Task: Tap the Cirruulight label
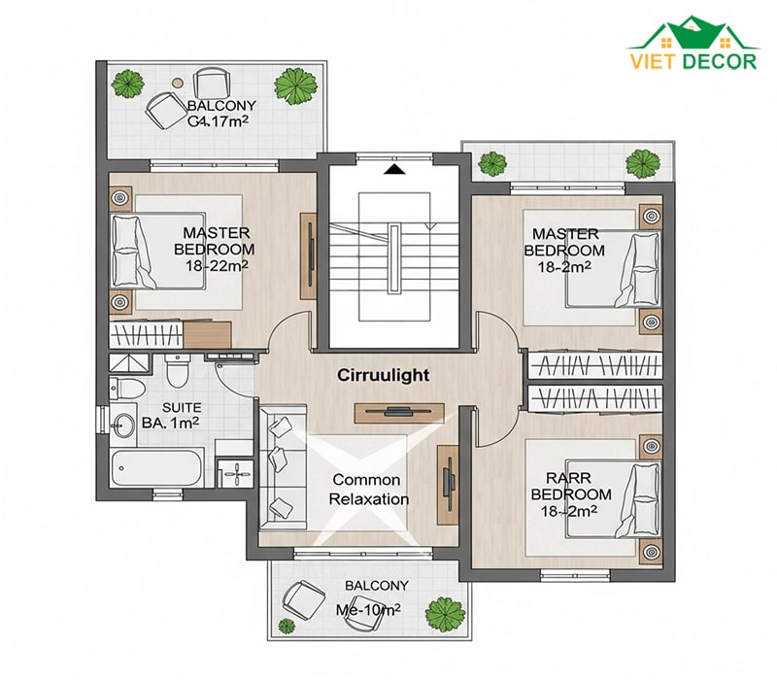tap(383, 375)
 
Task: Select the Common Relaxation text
tap(369, 490)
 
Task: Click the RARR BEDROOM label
tap(571, 494)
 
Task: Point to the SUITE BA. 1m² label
tap(171, 415)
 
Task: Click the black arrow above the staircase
tap(394, 169)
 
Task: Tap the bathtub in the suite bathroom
tap(157, 468)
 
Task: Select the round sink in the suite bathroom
tap(123, 425)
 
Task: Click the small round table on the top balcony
tap(177, 84)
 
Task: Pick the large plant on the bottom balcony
tap(446, 615)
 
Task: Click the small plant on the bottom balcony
tap(286, 626)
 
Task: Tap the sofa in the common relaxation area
tap(282, 466)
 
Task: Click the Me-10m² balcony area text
tap(368, 610)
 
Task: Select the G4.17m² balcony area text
tap(218, 120)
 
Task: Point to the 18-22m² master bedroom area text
tap(217, 265)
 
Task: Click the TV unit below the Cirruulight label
tap(399, 413)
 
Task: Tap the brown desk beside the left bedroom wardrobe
tap(207, 334)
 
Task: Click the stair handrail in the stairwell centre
tap(394, 259)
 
